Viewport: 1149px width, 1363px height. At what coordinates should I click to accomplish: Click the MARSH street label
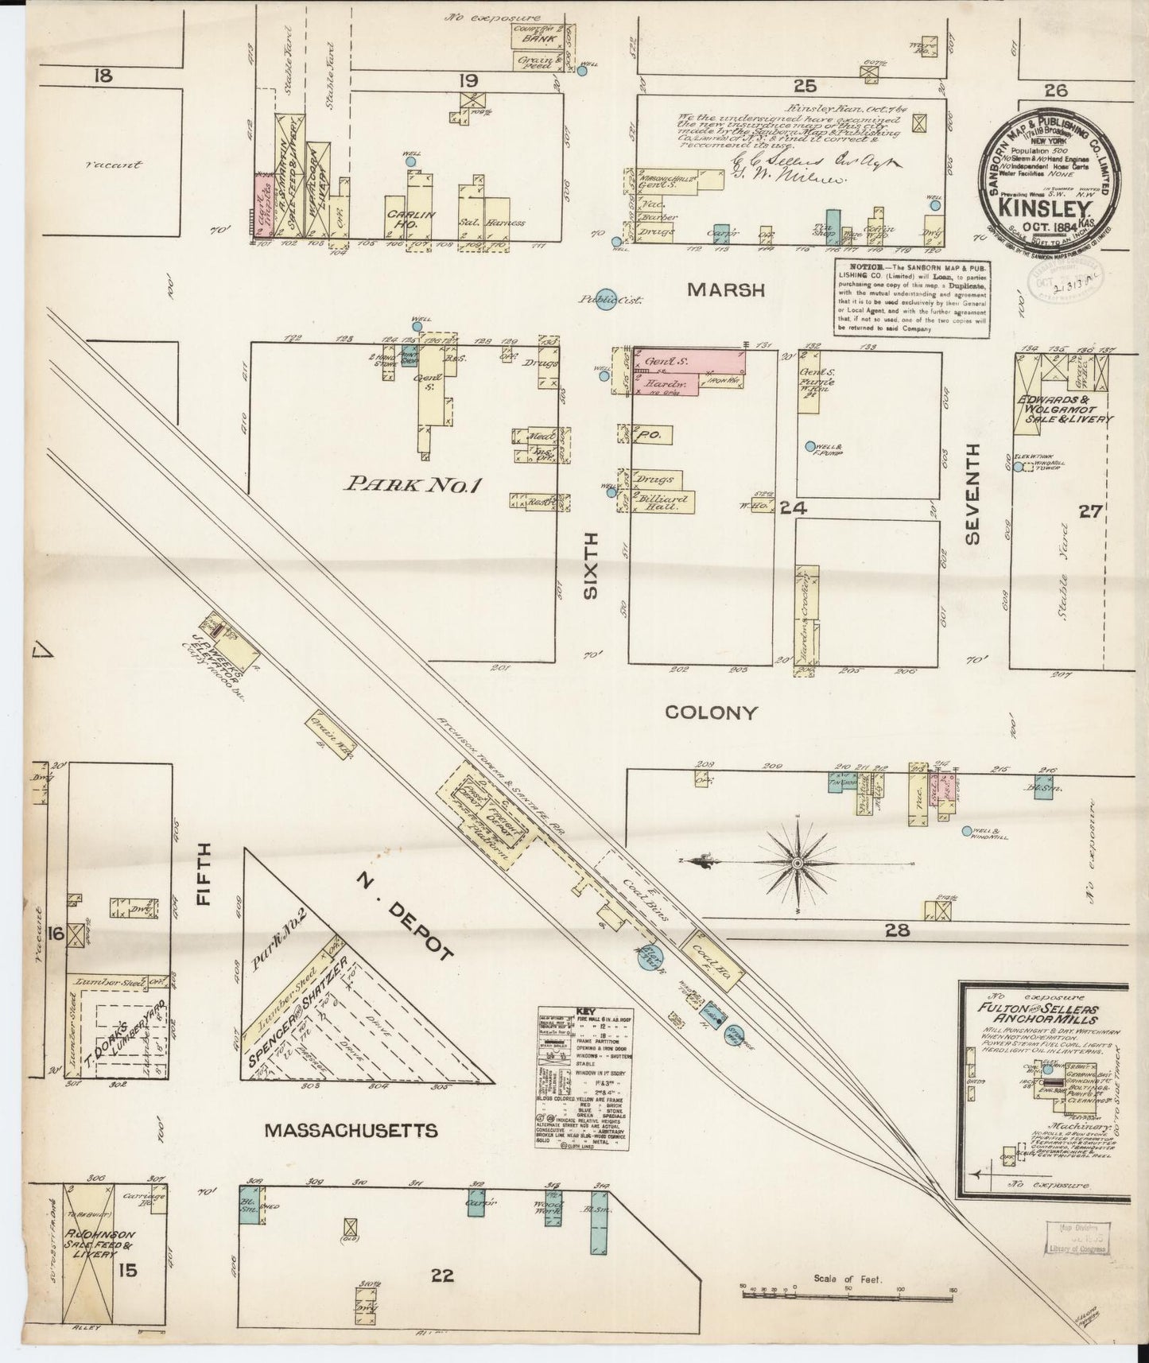tap(725, 290)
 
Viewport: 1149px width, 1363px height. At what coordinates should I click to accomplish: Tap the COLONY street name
tap(711, 712)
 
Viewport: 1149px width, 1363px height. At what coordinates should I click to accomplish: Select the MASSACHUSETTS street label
tap(351, 1130)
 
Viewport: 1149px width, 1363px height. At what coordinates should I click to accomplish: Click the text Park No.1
tap(410, 485)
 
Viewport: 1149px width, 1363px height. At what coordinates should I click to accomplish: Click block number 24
tap(794, 507)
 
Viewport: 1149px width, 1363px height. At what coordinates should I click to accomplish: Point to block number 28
tap(896, 929)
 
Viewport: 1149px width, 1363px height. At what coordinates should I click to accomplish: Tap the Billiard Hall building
tap(662, 501)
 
